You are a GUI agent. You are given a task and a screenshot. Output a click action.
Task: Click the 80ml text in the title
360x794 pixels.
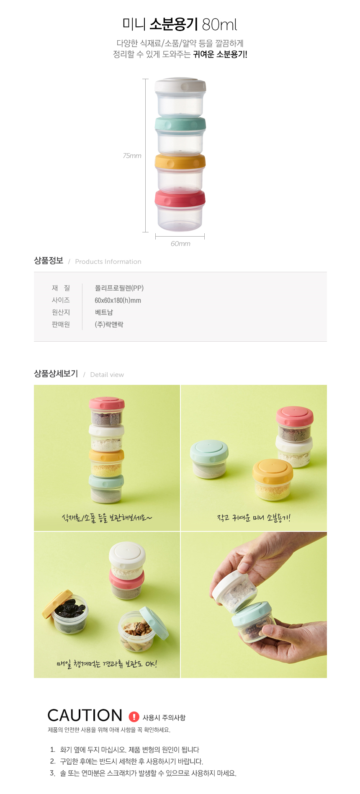219,25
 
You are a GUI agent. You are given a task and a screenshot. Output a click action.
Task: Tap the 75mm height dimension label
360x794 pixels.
132,156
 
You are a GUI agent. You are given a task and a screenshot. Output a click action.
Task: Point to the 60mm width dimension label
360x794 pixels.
180,244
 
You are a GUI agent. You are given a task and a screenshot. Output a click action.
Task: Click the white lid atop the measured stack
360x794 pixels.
180,85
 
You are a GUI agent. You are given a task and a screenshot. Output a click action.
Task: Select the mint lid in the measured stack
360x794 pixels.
180,124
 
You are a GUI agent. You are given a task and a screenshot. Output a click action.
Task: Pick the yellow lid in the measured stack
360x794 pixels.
180,162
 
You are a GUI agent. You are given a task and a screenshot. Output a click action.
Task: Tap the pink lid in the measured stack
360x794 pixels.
180,199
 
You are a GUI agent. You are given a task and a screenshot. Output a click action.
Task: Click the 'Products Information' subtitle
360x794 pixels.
108,262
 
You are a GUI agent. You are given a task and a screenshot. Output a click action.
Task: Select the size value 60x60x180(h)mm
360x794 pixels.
118,300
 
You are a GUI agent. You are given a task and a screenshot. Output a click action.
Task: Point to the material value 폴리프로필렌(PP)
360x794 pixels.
119,288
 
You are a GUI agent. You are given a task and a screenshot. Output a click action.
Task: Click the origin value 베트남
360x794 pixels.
104,312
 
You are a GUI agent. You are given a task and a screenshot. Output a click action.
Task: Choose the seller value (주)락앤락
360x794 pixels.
109,325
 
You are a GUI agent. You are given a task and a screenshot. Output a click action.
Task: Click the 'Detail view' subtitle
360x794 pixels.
107,375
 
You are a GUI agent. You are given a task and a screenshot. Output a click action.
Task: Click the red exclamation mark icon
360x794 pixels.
134,717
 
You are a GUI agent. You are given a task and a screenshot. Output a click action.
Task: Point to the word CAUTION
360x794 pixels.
85,715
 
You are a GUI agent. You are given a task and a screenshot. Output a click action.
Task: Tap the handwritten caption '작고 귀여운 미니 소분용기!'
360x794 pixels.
254,518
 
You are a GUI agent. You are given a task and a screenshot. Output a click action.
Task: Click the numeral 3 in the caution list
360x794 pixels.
52,773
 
